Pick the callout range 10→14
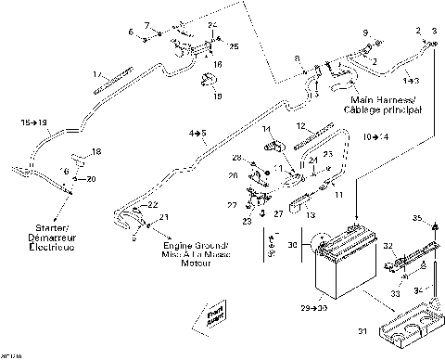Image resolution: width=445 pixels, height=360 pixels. tap(375, 136)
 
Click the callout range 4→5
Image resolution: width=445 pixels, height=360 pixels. tap(197, 135)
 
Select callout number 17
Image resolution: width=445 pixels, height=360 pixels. tap(96, 73)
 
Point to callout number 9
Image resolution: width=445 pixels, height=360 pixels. tap(364, 33)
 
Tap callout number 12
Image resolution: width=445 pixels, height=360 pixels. tap(299, 124)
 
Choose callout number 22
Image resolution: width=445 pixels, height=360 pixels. tap(153, 204)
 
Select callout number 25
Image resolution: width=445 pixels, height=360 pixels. tap(234, 45)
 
